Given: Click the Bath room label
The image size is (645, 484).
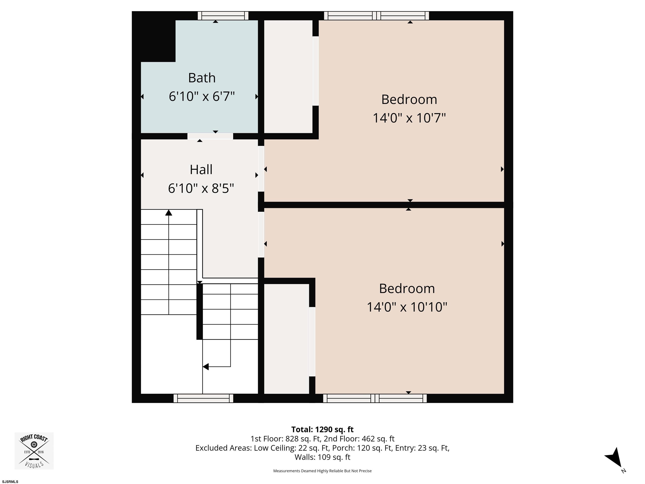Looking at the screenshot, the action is pos(202,78).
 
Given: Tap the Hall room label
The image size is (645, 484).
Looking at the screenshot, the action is pos(201,170).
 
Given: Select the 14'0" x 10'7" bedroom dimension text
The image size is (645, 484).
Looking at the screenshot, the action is pos(409,118).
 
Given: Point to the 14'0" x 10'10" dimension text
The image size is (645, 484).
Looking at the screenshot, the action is pos(407,307).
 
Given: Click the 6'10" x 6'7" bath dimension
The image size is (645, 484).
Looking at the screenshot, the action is pos(202,96).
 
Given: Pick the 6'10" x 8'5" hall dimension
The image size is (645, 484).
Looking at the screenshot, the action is pos(201,188).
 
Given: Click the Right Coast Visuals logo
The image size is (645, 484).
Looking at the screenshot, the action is pos(34,451).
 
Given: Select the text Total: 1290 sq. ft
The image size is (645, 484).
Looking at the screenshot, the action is pos(322,429).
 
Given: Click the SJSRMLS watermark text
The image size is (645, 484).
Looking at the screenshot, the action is pos(10,482).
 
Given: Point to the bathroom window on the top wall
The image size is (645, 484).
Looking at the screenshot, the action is pos(223,16).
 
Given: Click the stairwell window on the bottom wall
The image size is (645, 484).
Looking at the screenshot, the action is pos(203,398).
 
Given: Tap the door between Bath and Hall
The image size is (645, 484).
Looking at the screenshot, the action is pos(210,136).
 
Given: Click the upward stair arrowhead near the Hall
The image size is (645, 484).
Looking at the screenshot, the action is pos(169,213).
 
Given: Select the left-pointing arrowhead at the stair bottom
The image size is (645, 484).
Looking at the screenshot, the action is pos(206,367).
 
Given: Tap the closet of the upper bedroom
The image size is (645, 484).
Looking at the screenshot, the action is pos(288,76).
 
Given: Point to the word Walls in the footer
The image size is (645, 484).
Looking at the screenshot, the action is pos(305,457).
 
